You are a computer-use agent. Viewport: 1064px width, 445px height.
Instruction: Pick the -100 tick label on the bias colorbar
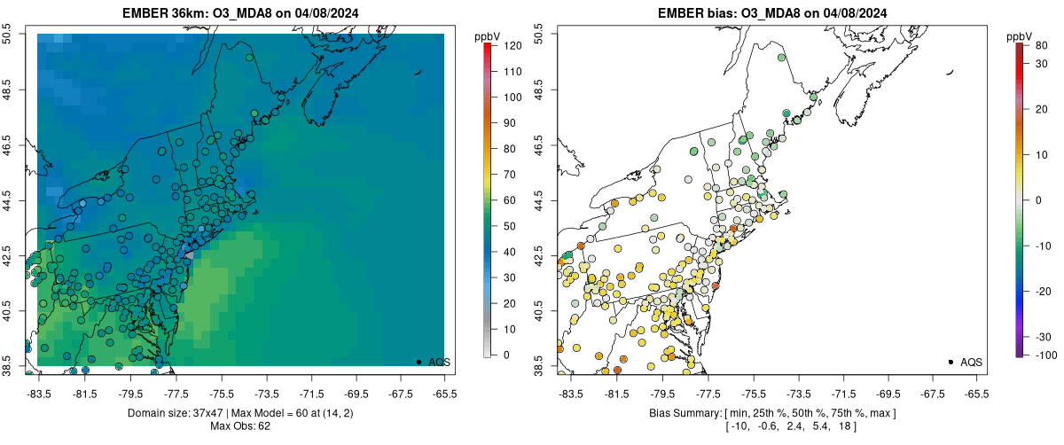click(x=1044, y=355)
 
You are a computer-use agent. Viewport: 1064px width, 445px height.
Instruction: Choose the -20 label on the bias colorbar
click(x=1044, y=291)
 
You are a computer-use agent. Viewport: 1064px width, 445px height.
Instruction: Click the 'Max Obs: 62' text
click(x=241, y=426)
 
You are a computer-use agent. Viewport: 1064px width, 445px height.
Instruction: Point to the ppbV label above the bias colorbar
click(x=1020, y=36)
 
